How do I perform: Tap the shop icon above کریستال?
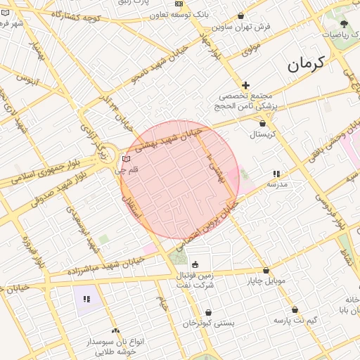pos(262,123)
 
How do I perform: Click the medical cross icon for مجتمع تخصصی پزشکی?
pos(245,84)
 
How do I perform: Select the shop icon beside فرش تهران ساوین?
pos(241,15)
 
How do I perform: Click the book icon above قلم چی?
pos(126,158)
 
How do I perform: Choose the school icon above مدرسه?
pos(276,173)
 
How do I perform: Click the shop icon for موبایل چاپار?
pos(266,271)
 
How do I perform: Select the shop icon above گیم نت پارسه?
pos(295,309)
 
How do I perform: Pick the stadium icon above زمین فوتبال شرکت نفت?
pos(195,264)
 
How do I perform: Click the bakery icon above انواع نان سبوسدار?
pos(115,330)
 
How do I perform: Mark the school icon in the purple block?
pos(87,299)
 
